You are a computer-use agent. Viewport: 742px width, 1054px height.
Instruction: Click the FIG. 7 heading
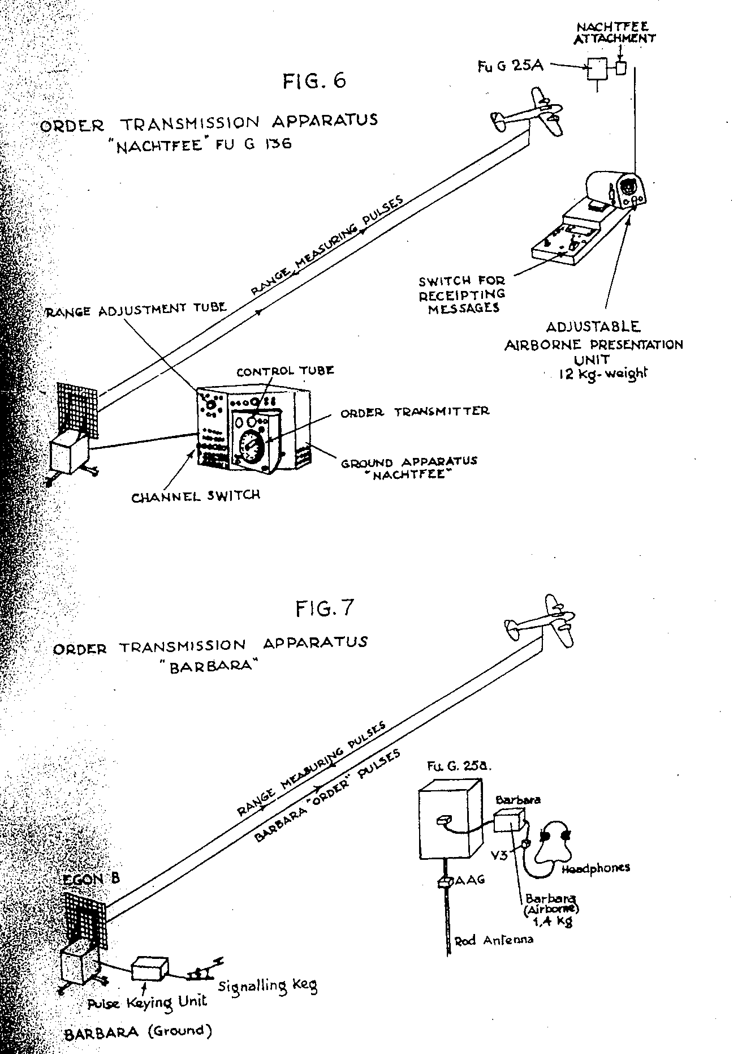click(x=325, y=609)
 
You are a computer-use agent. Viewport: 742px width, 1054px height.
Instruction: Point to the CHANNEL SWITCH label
click(x=196, y=496)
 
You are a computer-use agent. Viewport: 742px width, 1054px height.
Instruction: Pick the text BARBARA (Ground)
click(x=138, y=1031)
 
